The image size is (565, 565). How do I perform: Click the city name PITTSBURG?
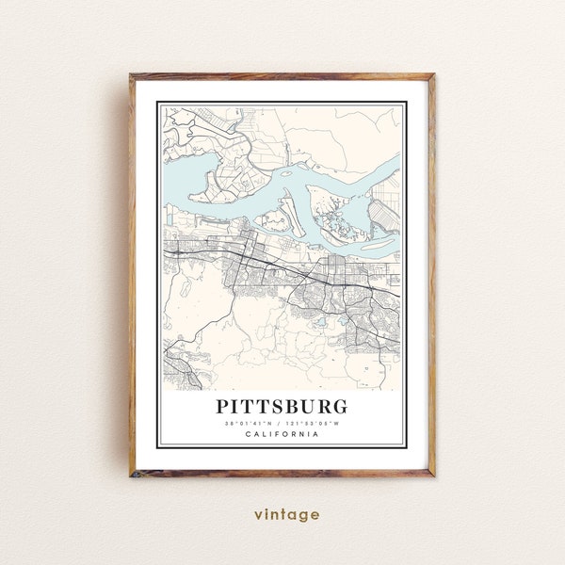point(282,407)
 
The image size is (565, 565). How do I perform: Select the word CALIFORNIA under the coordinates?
point(282,433)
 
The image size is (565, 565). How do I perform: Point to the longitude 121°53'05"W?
point(315,423)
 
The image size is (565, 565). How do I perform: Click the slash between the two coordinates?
point(282,423)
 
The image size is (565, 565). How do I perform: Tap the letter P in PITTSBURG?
point(224,407)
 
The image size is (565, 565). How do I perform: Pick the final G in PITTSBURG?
point(339,407)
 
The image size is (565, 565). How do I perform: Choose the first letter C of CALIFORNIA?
point(247,433)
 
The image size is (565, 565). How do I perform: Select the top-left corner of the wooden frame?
point(132,75)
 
